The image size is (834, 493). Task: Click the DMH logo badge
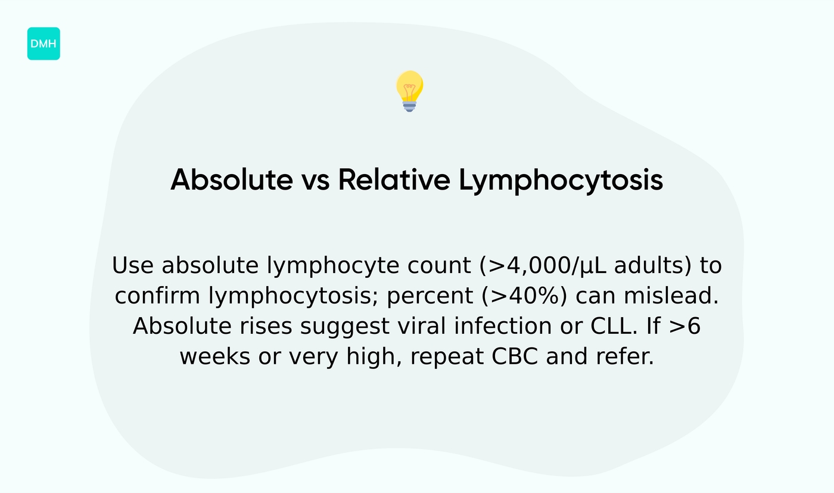(x=43, y=44)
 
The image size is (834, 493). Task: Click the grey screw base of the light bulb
(x=409, y=106)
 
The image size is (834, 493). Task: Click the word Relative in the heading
(x=394, y=179)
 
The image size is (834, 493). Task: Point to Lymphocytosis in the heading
(x=561, y=179)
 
